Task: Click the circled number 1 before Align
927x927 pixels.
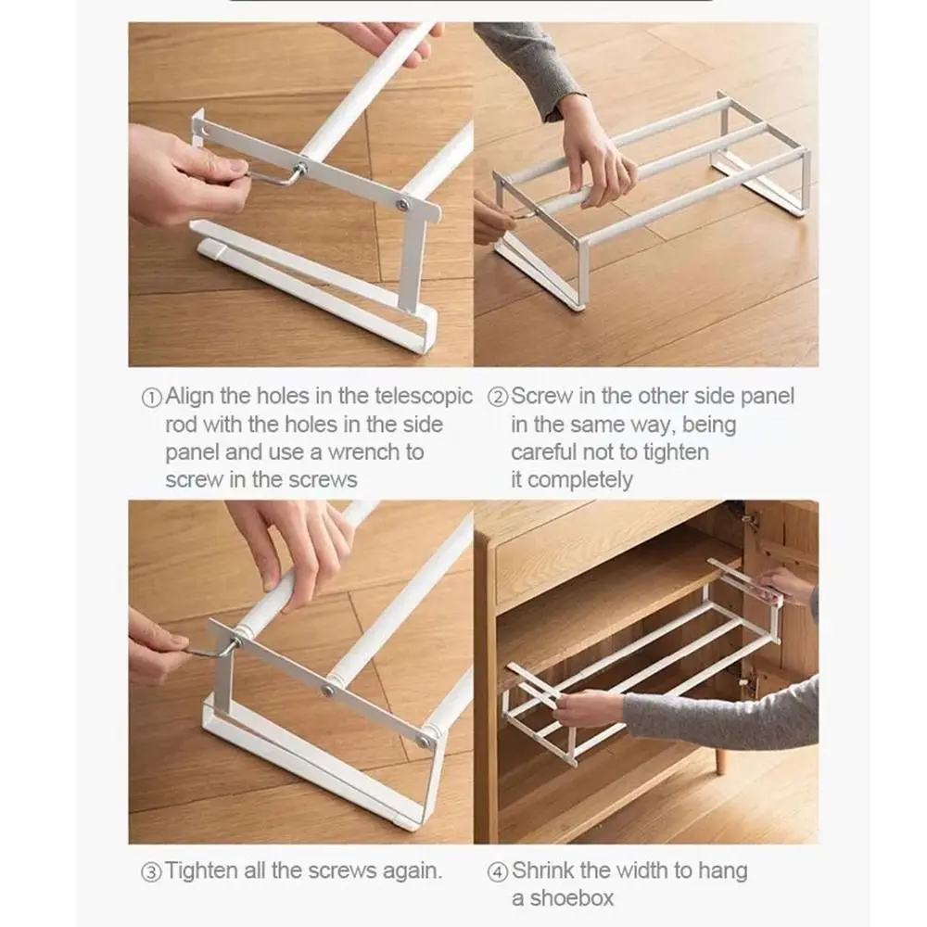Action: tap(151, 398)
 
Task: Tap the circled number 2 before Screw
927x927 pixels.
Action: tap(498, 398)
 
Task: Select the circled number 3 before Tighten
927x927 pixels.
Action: tap(151, 871)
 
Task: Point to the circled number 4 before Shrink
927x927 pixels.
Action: tap(498, 871)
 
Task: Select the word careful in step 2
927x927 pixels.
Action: tap(544, 452)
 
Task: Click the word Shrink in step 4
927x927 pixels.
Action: tap(544, 870)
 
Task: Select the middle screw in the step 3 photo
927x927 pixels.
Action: tap(328, 689)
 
